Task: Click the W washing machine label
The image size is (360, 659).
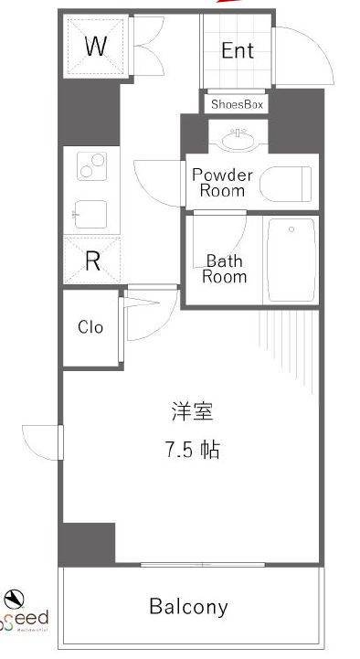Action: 95,46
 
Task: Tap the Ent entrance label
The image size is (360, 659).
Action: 237,50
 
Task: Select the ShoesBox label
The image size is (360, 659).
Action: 237,104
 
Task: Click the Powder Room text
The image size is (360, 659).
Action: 217,183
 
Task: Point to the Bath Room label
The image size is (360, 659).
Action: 225,268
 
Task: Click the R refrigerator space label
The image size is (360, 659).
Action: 92,260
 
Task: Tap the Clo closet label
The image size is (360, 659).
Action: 90,327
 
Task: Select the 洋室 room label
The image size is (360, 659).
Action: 192,411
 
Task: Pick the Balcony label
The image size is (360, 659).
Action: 188,606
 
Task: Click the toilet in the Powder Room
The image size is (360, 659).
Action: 286,183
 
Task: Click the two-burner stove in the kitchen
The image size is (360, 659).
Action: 92,166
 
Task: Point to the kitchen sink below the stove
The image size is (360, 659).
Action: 91,215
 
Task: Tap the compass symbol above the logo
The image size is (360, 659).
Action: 14,599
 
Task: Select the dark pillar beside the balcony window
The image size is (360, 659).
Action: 89,544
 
